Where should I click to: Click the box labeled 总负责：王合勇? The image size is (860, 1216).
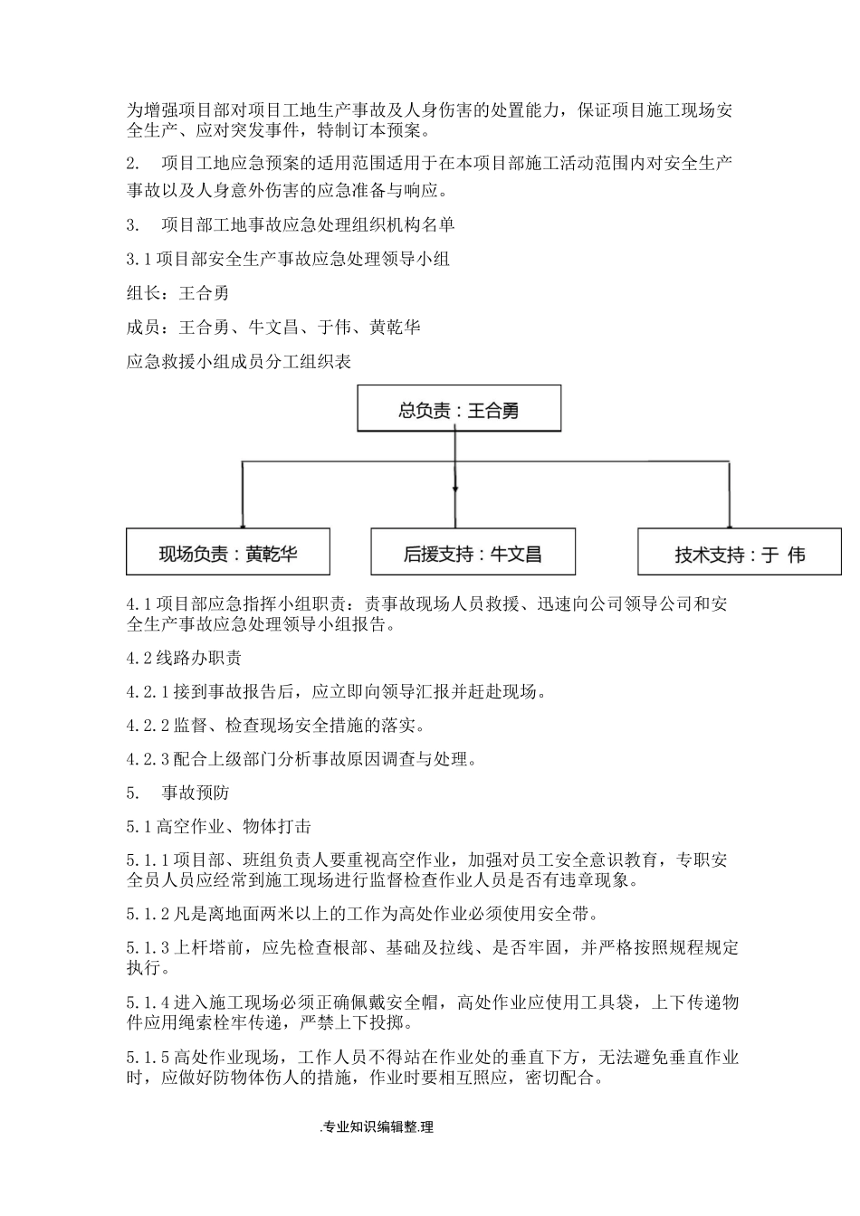coord(459,410)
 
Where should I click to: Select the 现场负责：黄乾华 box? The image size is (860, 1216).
coord(227,552)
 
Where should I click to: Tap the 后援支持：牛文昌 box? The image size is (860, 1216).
coord(473,552)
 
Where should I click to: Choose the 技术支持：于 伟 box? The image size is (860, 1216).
coord(739,553)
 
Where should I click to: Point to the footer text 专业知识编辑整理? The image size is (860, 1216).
coord(377,1126)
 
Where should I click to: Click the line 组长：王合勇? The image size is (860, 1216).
coord(177,292)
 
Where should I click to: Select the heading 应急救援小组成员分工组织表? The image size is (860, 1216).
coord(239,361)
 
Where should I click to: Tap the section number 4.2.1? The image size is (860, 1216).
coord(148,692)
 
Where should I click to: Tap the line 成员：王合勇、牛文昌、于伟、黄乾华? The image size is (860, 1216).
coord(273,327)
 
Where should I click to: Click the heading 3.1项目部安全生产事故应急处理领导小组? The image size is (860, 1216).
coord(289,259)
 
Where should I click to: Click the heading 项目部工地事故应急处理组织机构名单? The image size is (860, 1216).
coord(308,224)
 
